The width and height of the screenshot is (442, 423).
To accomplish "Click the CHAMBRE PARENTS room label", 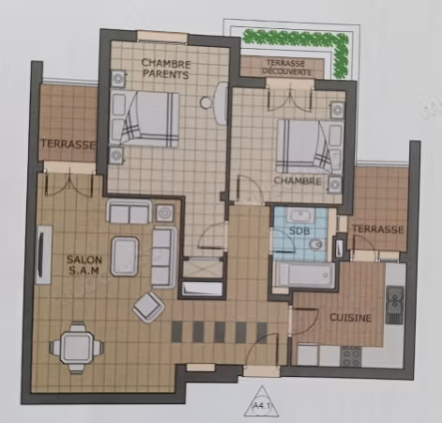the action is [166, 69].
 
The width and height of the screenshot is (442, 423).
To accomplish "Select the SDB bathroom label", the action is [299, 231].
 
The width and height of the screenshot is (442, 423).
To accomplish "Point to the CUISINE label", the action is [351, 318].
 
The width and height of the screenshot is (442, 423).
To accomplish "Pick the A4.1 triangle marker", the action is [262, 402].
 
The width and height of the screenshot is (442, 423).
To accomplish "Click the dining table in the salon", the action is [77, 348].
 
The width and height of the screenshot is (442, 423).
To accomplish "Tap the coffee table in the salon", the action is [125, 257].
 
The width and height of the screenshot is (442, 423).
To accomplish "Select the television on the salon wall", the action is [43, 255].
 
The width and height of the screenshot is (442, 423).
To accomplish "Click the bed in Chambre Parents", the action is [145, 119].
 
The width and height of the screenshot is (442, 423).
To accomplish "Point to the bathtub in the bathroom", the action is [304, 275].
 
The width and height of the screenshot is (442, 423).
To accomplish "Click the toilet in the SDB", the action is [317, 243].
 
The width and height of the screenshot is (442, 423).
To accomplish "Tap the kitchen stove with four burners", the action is [351, 356].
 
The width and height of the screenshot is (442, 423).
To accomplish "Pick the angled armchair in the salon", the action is [149, 307].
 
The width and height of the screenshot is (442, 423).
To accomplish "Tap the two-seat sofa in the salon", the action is [129, 211].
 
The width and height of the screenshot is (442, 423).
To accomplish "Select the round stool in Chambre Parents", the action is [206, 102].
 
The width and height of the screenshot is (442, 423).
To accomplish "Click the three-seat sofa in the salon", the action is [164, 258].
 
